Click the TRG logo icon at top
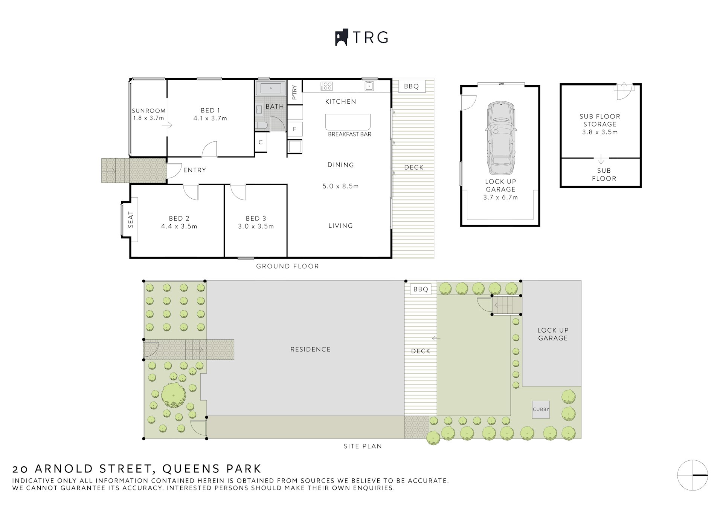pos(341,38)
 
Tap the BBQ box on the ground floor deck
pos(411,86)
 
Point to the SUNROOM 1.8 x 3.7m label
pos(148,114)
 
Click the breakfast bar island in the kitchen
pos(348,122)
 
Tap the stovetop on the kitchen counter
pos(326,86)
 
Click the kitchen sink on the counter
pos(369,86)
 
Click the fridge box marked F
pos(295,129)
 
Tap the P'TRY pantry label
pos(294,92)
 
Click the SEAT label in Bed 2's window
pos(131,219)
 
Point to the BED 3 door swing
pos(237,192)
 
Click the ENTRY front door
pos(173,171)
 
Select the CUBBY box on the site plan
pos(541,409)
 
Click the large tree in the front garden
pos(174,395)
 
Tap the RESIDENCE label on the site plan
pos(310,350)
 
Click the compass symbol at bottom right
pos(692,475)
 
